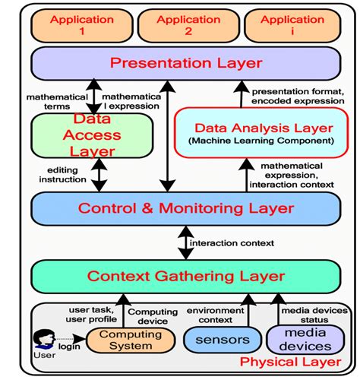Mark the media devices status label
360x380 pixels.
314,315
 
